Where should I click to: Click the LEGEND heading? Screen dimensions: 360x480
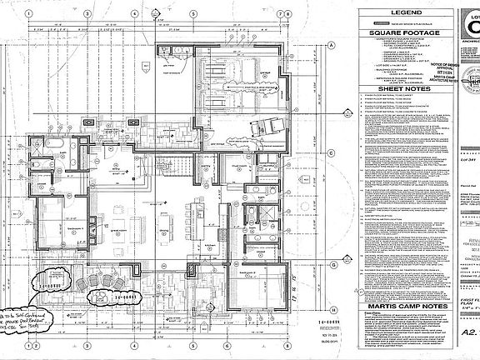[x=402, y=14]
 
